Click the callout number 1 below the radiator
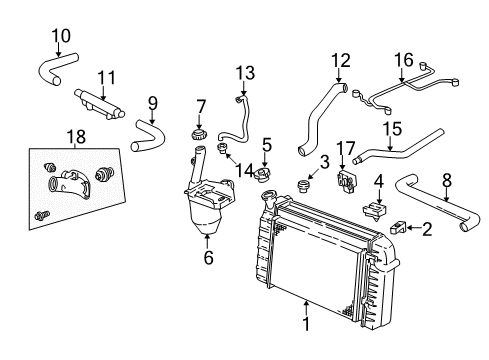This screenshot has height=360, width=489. (x=305, y=323)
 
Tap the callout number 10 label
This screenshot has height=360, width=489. (x=61, y=36)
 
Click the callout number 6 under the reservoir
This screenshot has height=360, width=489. (x=207, y=257)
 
